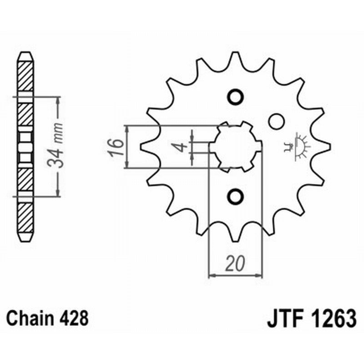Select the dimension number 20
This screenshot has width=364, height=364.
tap(235, 264)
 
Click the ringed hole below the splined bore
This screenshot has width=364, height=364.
tap(235, 196)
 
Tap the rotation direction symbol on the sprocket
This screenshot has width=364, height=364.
tap(298, 147)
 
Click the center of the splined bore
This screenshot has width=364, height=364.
tap(236, 147)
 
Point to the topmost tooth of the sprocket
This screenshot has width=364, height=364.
tap(236, 58)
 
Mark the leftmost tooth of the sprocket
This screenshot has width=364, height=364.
tap(145, 146)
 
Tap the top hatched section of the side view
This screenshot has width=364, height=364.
tap(25, 75)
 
